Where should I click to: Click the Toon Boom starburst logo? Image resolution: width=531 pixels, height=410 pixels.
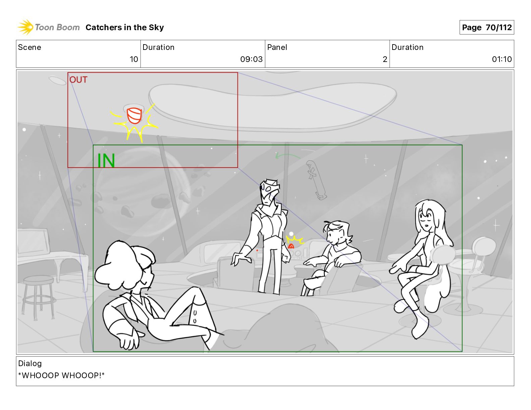(25, 27)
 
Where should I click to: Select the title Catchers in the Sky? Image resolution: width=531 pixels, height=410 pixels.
(125, 27)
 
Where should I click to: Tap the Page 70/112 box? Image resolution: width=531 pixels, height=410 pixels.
(486, 27)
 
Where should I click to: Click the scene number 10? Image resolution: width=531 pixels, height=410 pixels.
(134, 59)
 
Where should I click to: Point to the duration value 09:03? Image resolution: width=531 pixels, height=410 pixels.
(251, 59)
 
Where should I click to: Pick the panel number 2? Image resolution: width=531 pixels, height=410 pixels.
(385, 59)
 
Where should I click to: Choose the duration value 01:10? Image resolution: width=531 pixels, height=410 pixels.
(502, 59)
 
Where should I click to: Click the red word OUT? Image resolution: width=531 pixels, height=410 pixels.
(78, 80)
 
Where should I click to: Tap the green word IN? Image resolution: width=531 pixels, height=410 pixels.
(106, 160)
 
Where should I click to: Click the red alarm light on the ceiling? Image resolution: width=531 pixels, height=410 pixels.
(134, 116)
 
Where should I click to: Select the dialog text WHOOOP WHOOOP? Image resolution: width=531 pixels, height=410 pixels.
(61, 375)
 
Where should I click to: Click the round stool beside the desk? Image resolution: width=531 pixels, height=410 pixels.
(38, 297)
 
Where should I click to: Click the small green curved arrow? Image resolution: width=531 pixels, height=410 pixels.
(287, 155)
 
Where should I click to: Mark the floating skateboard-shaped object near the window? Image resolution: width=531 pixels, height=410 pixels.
(316, 180)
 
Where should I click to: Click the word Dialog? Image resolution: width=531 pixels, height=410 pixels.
(30, 363)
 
